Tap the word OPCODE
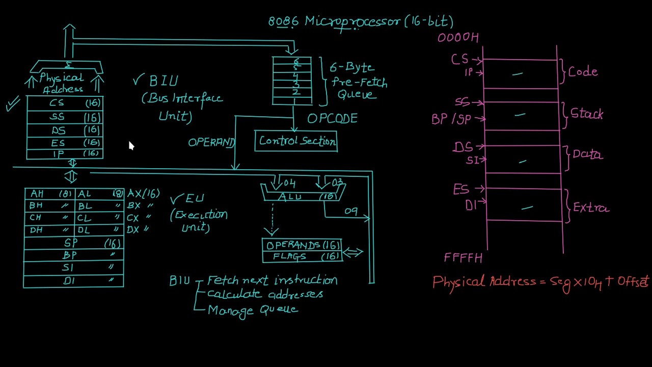coord(332,119)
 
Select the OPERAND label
coord(211,143)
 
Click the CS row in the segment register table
coord(65,103)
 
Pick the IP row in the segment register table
coord(65,153)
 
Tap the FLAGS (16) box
coord(302,257)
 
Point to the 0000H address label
coord(458,38)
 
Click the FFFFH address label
coord(463,258)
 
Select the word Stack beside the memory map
coord(586,114)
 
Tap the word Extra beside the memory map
coord(590,208)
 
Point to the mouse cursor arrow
coord(131,146)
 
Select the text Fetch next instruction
coord(272,280)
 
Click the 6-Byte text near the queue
coord(351,68)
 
